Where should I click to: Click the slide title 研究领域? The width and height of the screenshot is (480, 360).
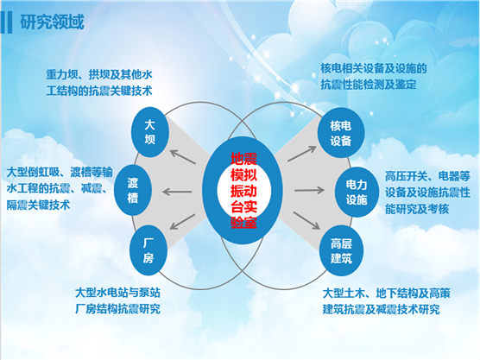point(52,22)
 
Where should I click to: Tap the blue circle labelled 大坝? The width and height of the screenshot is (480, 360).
point(150,132)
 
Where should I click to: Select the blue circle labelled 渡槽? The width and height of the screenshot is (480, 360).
point(133,190)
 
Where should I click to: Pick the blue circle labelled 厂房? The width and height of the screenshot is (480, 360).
point(148,250)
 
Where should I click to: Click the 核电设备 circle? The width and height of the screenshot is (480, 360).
point(341,133)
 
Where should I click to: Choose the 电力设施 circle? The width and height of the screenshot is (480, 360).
point(357,193)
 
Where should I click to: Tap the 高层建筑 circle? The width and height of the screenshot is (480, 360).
point(341,251)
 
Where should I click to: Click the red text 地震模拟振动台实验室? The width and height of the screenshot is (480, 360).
point(243,190)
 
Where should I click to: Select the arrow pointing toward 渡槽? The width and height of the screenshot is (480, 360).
point(177,192)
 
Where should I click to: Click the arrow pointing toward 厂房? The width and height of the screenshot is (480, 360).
point(182,222)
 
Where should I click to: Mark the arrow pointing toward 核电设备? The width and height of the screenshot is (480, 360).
point(302,154)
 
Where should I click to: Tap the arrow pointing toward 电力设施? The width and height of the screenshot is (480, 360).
point(309,190)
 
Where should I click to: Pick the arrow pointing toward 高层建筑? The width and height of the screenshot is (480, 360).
point(306,220)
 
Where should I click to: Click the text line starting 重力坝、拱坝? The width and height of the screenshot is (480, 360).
point(99,74)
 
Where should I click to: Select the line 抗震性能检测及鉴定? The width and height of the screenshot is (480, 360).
point(369,85)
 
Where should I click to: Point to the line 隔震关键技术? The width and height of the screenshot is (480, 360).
point(38,205)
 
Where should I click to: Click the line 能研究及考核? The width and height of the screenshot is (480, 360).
point(417,209)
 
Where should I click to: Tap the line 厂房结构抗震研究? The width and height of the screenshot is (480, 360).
point(118,308)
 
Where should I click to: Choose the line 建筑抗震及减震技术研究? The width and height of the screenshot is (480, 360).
point(381,309)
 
